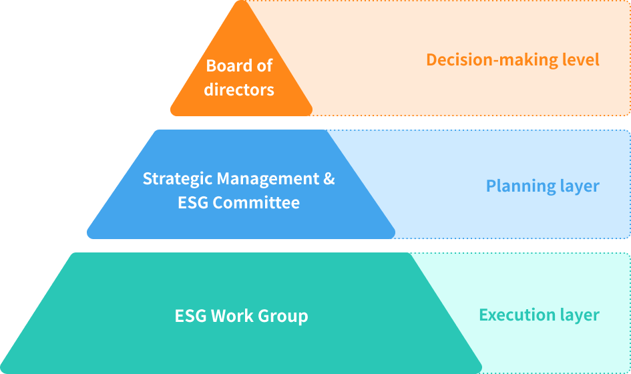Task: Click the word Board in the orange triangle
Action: [229, 66]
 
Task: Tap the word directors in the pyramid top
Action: [239, 89]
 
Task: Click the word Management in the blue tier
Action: [268, 179]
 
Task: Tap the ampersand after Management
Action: [329, 179]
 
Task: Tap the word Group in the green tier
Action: [283, 316]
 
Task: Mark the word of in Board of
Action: [265, 66]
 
